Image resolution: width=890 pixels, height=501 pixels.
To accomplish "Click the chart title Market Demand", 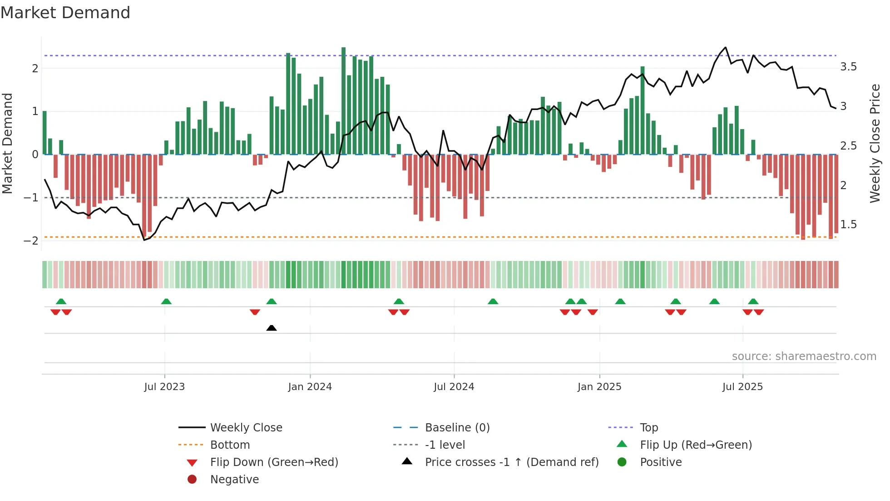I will point(65,13).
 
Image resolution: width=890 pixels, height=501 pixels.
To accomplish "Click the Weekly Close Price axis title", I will point(875,143).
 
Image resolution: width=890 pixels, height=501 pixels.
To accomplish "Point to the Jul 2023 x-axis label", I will point(164,387).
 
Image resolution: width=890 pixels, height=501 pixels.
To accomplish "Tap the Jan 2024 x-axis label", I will point(310,387).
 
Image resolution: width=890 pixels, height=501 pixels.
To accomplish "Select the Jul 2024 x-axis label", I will point(454,387).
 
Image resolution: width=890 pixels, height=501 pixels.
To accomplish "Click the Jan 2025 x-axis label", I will point(599,387).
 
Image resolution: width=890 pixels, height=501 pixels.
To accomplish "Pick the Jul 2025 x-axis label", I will point(743,387).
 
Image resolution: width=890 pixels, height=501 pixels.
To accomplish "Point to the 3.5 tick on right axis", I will point(848,67).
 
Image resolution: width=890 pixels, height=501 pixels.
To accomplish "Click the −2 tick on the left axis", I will point(31,240).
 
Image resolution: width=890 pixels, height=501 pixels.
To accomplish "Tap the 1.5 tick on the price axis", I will point(848,225).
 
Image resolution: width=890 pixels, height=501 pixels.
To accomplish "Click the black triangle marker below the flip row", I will point(272,328).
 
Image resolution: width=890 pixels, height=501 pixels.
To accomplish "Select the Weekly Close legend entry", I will point(246,428).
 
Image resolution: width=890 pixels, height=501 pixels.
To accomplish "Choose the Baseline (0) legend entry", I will point(457,428).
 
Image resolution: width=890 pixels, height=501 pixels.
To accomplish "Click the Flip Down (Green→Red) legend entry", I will point(274,462).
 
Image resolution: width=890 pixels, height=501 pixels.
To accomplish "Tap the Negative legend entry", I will point(234,480).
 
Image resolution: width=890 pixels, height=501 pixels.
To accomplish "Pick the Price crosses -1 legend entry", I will point(511,462).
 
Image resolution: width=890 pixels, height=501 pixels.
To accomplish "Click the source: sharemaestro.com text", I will point(804,356).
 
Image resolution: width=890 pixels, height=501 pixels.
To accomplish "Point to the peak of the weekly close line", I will point(725,47).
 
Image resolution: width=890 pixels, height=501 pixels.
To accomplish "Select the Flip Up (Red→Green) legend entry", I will point(696,445).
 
